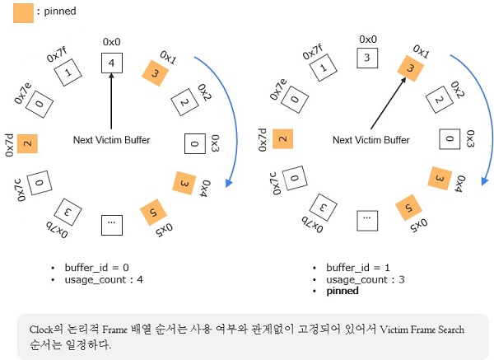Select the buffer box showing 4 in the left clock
pos(110,63)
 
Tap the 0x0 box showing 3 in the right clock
pos(368,57)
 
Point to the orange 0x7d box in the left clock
pos(28,143)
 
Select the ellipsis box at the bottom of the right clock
pos(368,219)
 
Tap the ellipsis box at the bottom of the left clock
pos(111,223)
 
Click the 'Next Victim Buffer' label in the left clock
pos(111,140)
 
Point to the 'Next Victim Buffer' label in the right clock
pos(370,140)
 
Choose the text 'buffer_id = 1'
pos(359,268)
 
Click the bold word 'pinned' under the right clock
pos(343,292)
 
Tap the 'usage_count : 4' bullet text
pos(107,279)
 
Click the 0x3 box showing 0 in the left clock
pos(193,144)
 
